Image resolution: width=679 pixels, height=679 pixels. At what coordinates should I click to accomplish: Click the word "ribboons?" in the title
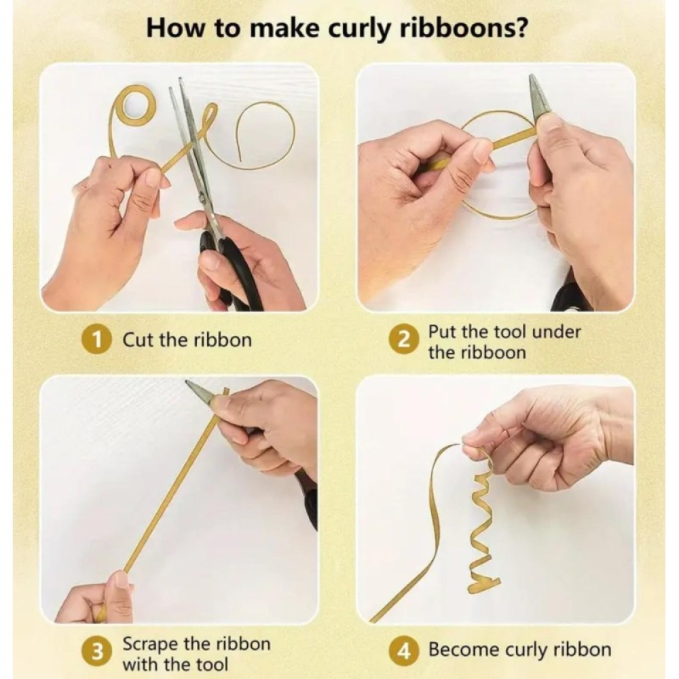[x=462, y=29]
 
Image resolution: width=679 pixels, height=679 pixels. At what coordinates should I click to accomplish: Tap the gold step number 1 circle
[x=98, y=340]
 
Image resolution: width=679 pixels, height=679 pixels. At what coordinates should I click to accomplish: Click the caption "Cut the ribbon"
[x=187, y=340]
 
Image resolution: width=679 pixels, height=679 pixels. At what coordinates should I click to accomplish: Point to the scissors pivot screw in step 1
[x=203, y=198]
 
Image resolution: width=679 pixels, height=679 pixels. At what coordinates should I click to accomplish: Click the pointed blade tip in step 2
[x=532, y=77]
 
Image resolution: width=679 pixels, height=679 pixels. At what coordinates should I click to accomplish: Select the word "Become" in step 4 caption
[x=464, y=650]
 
